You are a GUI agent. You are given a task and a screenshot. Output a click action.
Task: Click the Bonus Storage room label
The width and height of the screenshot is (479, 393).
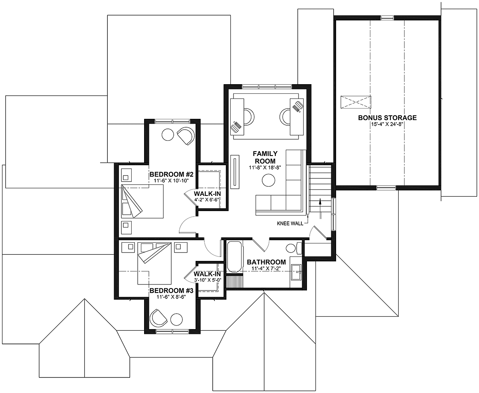[387, 118]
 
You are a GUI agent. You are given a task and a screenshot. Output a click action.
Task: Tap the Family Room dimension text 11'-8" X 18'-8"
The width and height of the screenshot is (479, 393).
[265, 168]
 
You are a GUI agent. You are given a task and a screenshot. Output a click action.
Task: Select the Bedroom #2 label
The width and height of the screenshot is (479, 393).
[171, 174]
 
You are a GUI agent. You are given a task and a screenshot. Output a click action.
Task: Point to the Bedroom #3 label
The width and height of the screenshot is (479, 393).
[171, 290]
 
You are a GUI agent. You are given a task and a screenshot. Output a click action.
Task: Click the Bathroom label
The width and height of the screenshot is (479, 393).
[266, 262]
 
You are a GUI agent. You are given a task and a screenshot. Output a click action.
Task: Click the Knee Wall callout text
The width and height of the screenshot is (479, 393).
[290, 223]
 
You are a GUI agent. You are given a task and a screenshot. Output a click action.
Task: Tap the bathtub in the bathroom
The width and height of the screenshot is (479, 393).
[234, 257]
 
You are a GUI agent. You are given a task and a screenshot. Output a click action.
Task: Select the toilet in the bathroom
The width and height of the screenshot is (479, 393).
[294, 248]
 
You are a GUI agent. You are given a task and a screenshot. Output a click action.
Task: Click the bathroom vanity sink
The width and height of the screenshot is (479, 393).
[296, 272]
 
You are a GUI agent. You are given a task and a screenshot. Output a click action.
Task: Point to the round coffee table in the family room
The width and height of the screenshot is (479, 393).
[269, 180]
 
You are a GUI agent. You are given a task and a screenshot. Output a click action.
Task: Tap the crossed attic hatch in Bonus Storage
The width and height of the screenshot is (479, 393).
[356, 102]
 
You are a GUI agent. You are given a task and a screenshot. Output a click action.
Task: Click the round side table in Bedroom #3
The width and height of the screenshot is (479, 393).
[176, 320]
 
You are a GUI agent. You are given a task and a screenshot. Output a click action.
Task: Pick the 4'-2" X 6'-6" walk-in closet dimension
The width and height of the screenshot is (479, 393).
[208, 200]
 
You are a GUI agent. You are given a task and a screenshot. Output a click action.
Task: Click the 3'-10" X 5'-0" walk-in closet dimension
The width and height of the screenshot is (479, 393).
[208, 280]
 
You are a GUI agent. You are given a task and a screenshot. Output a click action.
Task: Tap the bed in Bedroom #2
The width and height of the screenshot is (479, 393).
[143, 201]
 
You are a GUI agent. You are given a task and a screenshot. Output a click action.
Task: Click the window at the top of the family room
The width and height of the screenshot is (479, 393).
[267, 87]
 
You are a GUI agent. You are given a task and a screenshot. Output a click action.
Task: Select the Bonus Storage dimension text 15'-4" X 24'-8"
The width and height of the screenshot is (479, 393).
[387, 124]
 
